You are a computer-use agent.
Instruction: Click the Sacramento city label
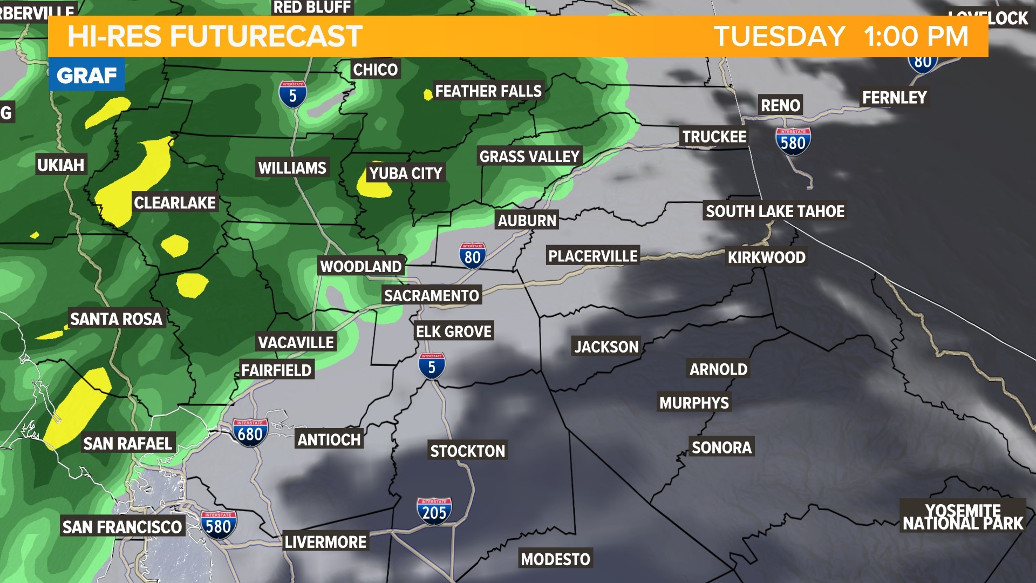tap(431, 295)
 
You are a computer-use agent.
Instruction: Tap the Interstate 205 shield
tap(434, 511)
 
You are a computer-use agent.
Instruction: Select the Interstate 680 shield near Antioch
tap(250, 432)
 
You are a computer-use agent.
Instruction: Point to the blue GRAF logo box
tap(86, 74)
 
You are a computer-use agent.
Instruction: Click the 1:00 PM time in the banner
tap(916, 37)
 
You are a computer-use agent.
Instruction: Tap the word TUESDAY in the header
tap(779, 37)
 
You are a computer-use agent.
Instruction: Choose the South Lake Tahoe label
tap(775, 211)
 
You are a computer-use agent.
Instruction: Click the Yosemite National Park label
tap(963, 517)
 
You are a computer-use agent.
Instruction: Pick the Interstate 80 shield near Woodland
tap(472, 256)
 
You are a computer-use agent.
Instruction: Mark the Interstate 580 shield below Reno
tap(793, 141)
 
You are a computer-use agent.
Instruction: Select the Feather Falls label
tap(488, 91)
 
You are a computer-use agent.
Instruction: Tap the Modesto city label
tap(555, 559)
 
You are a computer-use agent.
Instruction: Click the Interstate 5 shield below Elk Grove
tap(431, 366)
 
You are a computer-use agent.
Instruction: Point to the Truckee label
tap(714, 137)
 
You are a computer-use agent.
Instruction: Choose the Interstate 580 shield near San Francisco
tap(218, 525)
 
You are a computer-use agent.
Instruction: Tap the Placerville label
tap(592, 256)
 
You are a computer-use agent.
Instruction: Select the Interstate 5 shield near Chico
tap(292, 94)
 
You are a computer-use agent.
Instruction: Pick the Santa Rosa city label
tap(116, 319)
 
